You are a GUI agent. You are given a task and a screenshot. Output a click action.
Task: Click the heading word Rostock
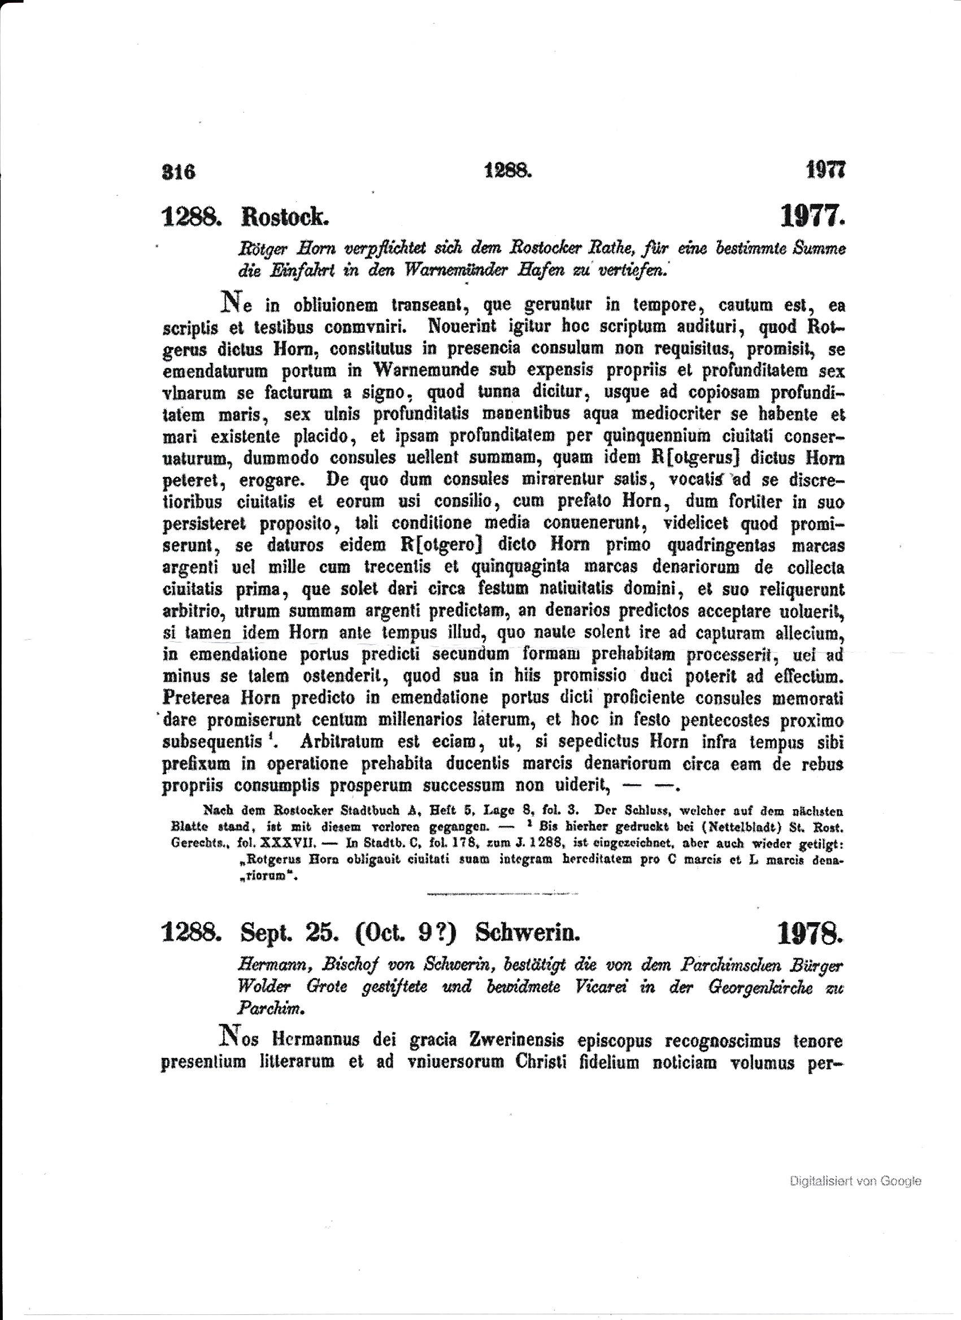(x=285, y=218)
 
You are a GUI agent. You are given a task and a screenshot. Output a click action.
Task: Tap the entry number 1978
(x=810, y=934)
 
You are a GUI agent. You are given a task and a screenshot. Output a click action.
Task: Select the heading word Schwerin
(x=527, y=933)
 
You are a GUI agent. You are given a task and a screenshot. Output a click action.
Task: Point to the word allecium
(x=810, y=633)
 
